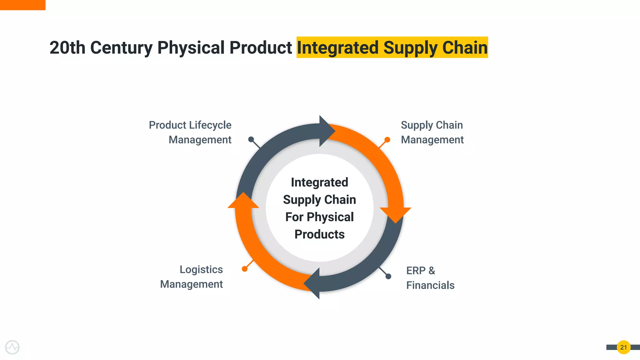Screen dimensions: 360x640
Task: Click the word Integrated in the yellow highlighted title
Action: (337, 48)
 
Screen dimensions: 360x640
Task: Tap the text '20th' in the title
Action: (67, 48)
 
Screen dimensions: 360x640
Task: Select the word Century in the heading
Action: (121, 48)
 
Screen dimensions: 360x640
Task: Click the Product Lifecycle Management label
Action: (190, 132)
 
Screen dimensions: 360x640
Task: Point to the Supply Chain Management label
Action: (432, 132)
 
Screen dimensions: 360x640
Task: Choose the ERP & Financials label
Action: (430, 278)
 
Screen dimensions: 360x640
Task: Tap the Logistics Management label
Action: (192, 277)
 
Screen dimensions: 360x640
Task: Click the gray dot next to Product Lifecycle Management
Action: (251, 139)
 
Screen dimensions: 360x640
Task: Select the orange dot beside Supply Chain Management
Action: (387, 139)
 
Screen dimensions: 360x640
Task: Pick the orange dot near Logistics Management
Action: (245, 269)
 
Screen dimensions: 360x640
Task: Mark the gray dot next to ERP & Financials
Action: (388, 276)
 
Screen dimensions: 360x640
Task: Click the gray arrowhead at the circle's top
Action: (326, 131)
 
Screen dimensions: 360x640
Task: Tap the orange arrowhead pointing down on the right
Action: (396, 214)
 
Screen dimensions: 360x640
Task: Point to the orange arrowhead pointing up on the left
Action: (243, 201)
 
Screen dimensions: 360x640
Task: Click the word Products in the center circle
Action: (319, 234)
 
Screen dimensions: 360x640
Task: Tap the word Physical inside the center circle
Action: (330, 217)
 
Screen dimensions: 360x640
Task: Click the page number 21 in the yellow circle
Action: (623, 347)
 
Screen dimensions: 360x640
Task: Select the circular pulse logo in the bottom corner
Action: (12, 347)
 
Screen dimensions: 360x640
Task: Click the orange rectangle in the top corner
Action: (22, 5)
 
